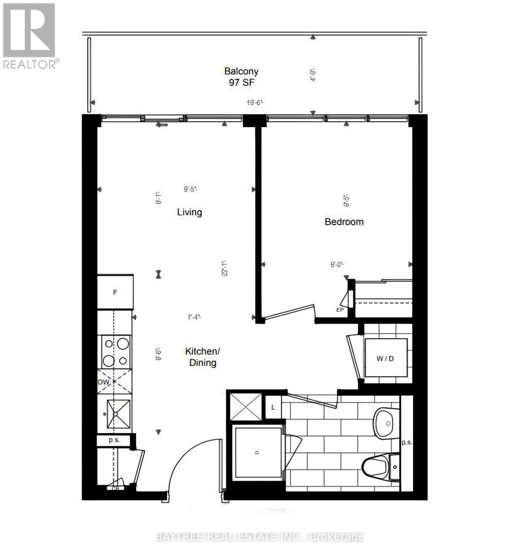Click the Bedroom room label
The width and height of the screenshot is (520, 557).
pos(344,222)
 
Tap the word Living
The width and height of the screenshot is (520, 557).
pos(189,212)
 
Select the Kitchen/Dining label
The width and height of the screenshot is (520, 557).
pos(203,356)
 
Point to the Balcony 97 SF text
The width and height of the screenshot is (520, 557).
pos(241,77)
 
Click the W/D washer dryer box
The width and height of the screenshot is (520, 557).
pos(385,358)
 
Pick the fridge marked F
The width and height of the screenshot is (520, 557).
pos(115,292)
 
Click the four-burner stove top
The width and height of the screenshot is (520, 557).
pos(116,352)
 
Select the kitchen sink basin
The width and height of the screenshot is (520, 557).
pos(116,414)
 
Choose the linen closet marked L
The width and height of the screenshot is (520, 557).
pos(273,407)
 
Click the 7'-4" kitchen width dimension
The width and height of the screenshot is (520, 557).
pos(194,317)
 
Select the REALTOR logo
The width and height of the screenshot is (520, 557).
pos(30,36)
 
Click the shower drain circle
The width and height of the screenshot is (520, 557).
pos(257,452)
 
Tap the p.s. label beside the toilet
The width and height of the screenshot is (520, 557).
pos(407,442)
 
